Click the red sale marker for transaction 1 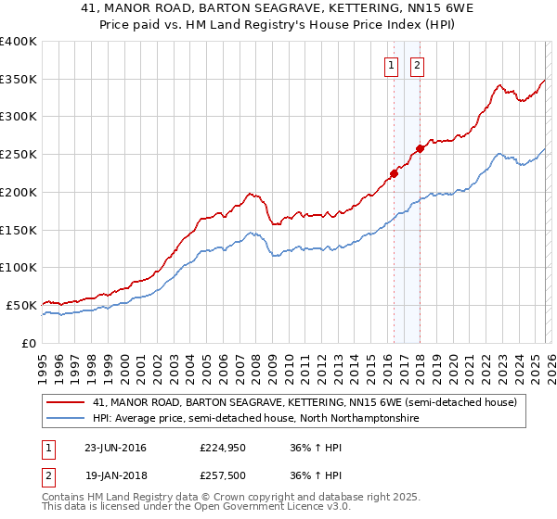(394, 172)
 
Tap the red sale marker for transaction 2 (420, 147)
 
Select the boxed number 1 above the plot (391, 65)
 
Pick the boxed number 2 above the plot (417, 65)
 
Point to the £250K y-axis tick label (18, 155)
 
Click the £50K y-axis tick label (21, 305)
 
